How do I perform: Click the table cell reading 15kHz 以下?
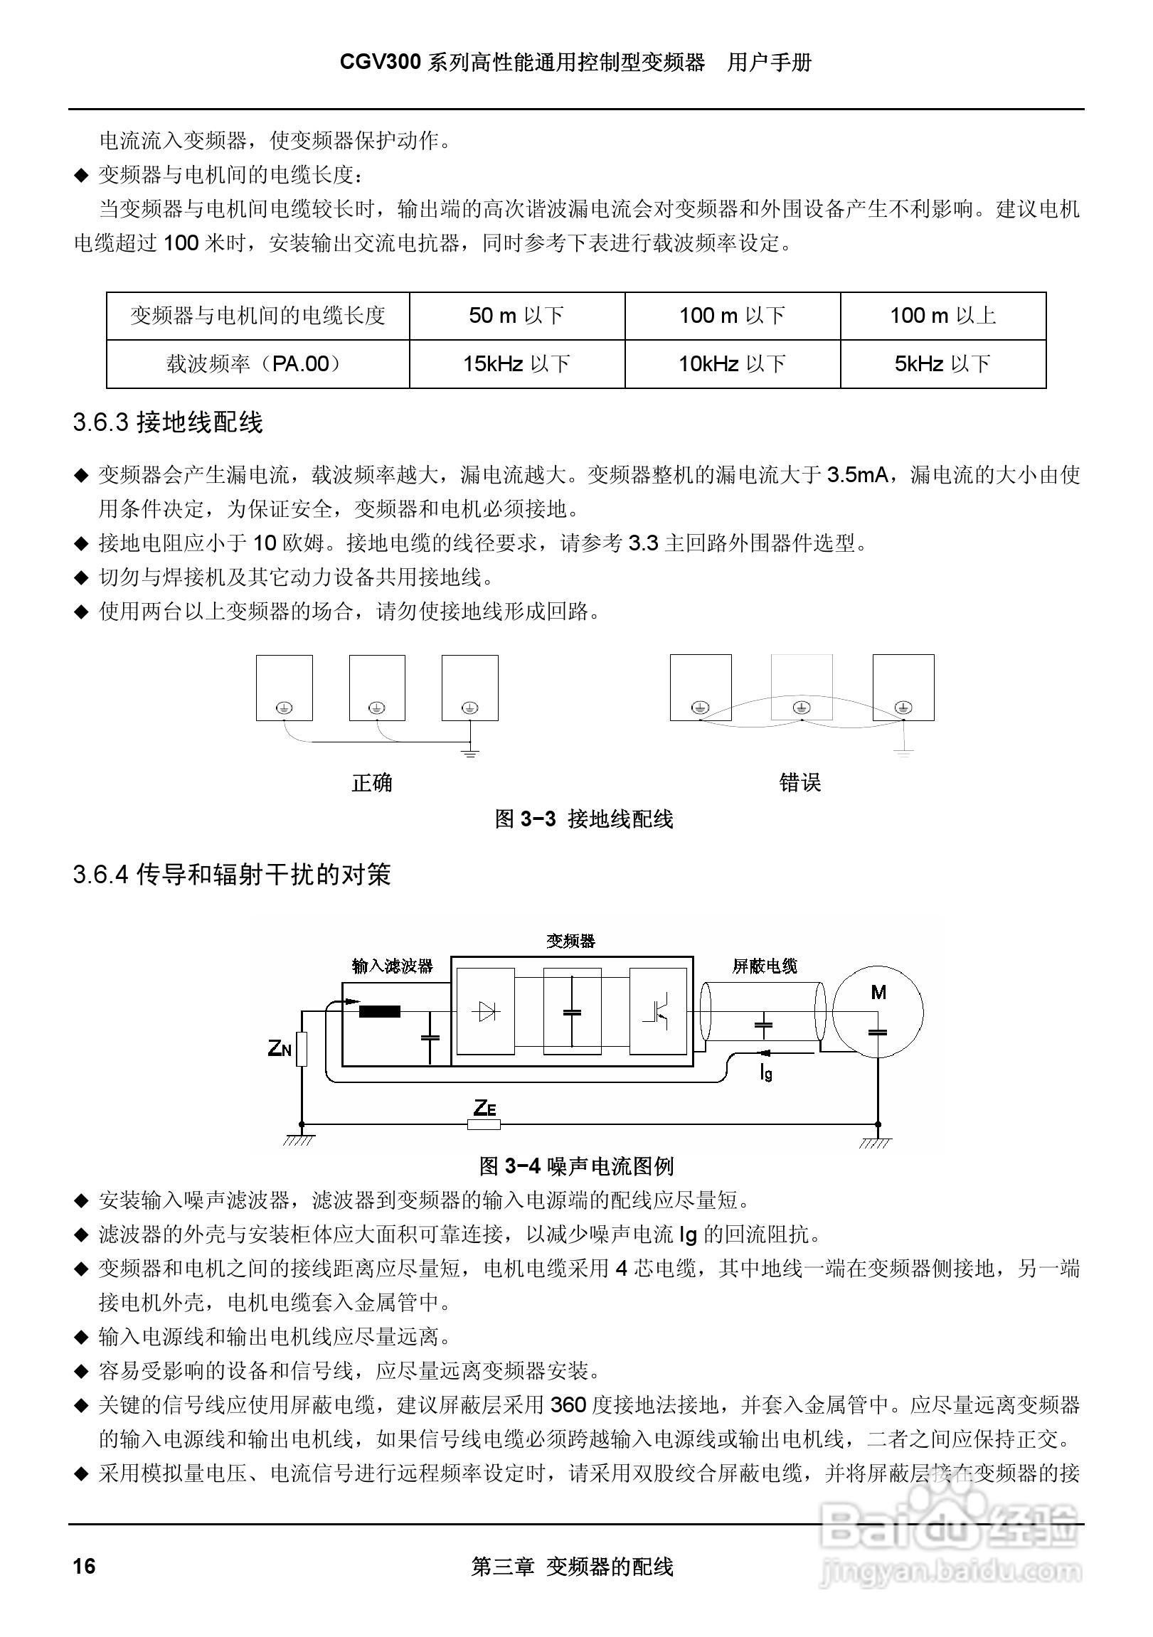pyautogui.click(x=517, y=364)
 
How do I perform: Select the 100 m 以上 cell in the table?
pyautogui.click(x=942, y=315)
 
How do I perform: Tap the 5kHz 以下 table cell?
pyautogui.click(x=942, y=364)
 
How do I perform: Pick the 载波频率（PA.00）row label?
pyautogui.click(x=257, y=364)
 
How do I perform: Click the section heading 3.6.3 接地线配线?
pyautogui.click(x=169, y=423)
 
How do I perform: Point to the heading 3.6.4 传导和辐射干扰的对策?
pyautogui.click(x=232, y=875)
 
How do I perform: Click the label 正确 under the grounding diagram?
pyautogui.click(x=371, y=783)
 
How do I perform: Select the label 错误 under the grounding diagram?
pyautogui.click(x=800, y=783)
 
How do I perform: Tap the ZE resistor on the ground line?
pyautogui.click(x=484, y=1125)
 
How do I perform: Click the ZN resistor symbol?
pyautogui.click(x=302, y=1049)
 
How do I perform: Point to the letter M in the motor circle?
pyautogui.click(x=878, y=993)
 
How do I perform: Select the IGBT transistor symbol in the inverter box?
pyautogui.click(x=657, y=1011)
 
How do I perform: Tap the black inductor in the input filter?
pyautogui.click(x=379, y=1011)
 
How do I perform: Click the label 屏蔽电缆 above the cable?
pyautogui.click(x=765, y=966)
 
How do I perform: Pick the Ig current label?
pyautogui.click(x=766, y=1072)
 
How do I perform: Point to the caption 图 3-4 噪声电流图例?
pyautogui.click(x=576, y=1166)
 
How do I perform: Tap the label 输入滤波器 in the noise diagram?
pyautogui.click(x=392, y=966)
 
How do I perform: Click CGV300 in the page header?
pyautogui.click(x=381, y=63)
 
